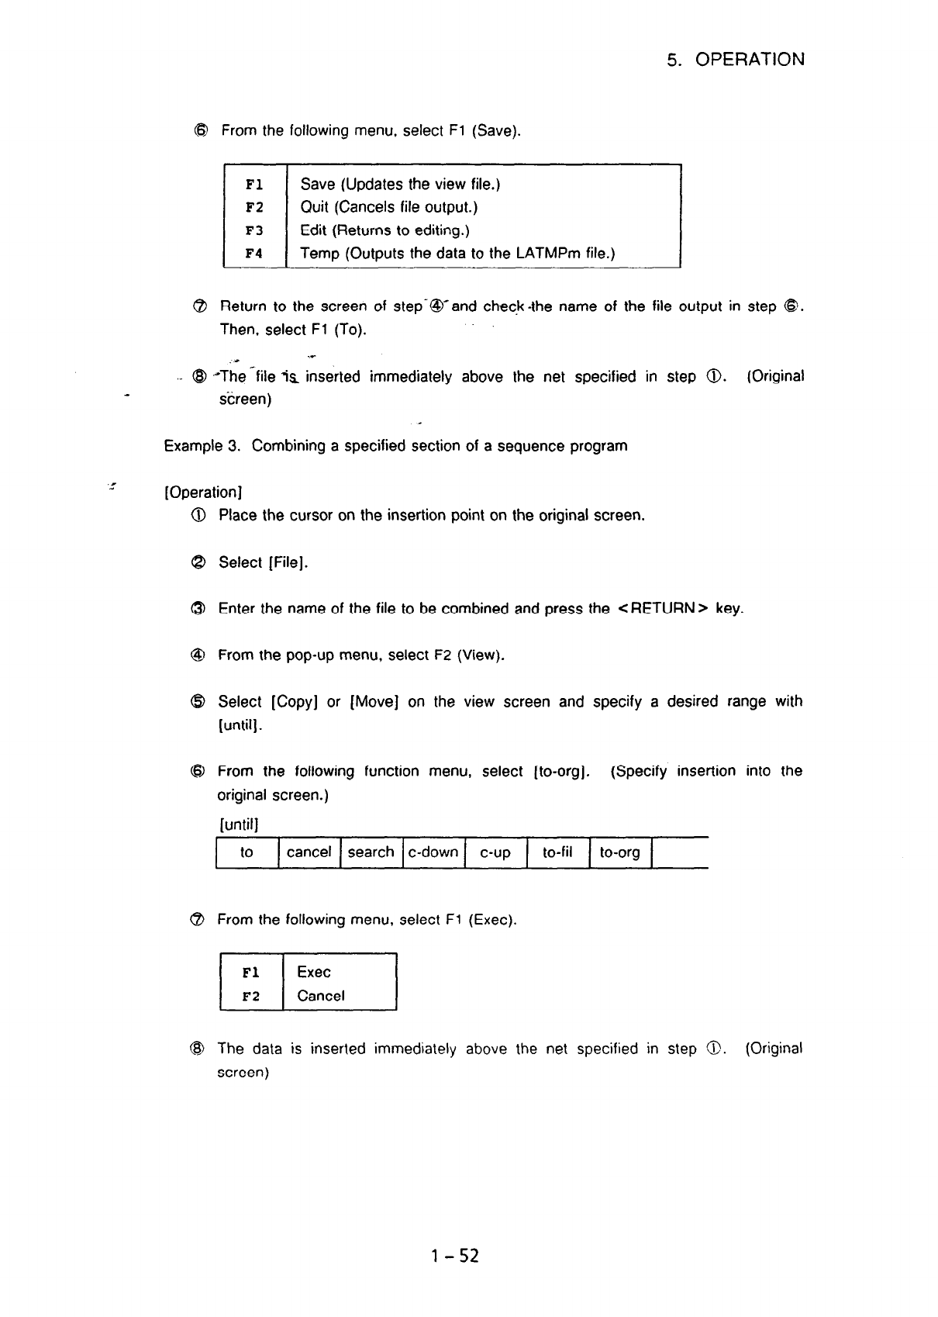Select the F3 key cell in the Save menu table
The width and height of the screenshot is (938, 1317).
[x=254, y=230]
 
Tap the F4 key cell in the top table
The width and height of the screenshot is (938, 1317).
[x=254, y=254]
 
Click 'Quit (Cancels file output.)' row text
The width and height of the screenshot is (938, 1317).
[x=388, y=207]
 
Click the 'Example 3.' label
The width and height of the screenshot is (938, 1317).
[x=204, y=446]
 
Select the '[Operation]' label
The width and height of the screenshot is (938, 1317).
[x=204, y=493]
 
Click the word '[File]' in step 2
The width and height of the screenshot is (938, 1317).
[x=288, y=562]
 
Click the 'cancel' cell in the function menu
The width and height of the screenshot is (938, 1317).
[x=309, y=852]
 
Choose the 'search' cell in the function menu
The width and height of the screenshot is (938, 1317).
[x=371, y=852]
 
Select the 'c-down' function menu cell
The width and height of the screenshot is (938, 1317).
[x=433, y=852]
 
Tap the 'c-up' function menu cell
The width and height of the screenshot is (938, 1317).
[x=495, y=853]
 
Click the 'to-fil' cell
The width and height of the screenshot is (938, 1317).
[x=557, y=852]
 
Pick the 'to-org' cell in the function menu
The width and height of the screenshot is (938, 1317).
[x=619, y=853]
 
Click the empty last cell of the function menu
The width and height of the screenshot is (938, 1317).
[x=679, y=852]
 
